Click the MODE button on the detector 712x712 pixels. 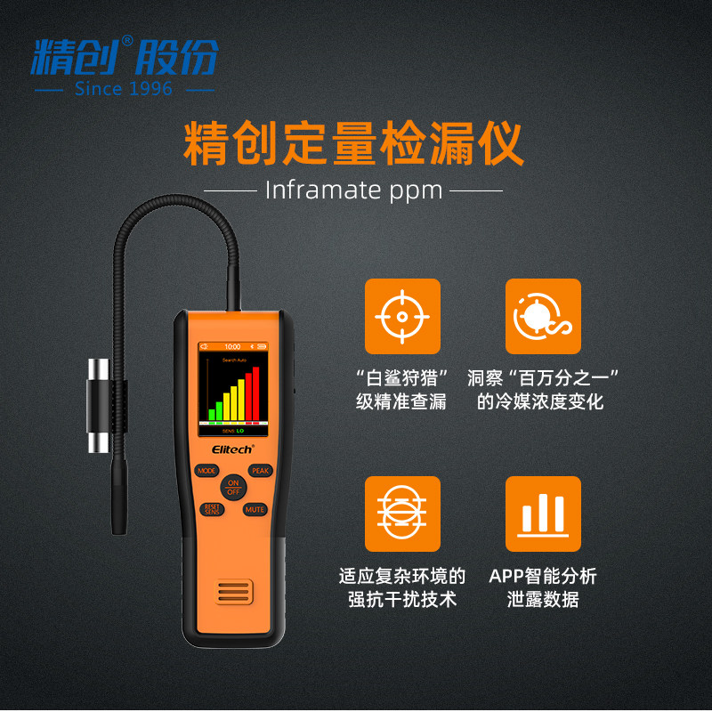point(206,470)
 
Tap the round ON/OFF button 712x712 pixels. point(233,487)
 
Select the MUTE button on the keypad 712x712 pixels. point(255,509)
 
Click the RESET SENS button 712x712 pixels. point(211,509)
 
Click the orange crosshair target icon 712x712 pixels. point(402,316)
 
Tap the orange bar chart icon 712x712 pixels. point(543,514)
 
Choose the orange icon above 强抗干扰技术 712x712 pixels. point(402,514)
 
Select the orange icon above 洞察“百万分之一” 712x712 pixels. point(543,316)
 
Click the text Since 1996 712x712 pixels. point(124,89)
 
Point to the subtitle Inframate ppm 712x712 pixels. point(353,190)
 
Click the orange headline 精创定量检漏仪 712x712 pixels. point(353,144)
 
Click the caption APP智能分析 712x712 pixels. point(543,575)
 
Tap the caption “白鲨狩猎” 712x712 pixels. point(401,377)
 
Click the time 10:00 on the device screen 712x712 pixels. point(231,346)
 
